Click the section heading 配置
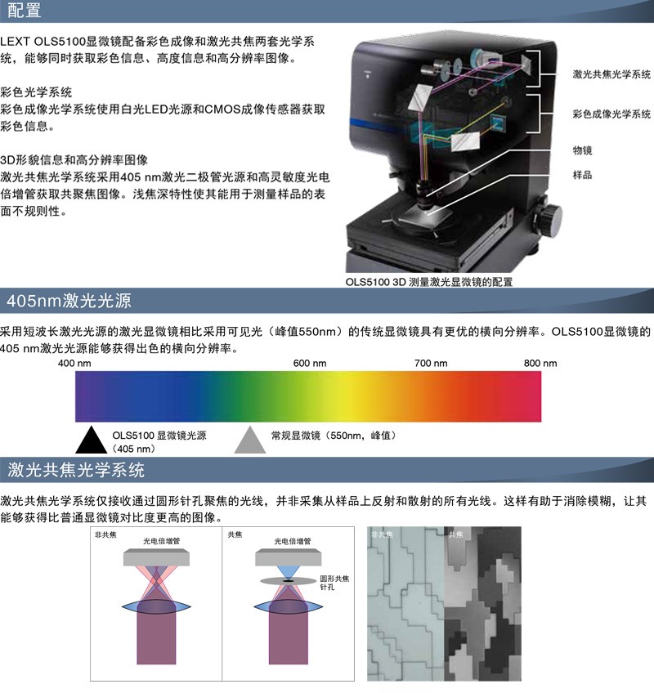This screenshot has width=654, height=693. point(25,10)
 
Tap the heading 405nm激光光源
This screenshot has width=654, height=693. point(69,301)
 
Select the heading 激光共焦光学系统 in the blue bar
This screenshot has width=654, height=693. point(76,469)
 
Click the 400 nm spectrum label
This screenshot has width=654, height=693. point(74,364)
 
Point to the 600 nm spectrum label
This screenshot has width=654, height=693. point(310,364)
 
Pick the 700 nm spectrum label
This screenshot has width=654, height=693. point(431,364)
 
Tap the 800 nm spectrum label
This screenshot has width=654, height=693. point(540,364)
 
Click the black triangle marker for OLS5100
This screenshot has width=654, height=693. point(91,440)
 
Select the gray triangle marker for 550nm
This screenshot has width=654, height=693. point(250,440)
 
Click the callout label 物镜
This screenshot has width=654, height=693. point(582,150)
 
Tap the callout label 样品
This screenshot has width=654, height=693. point(582,175)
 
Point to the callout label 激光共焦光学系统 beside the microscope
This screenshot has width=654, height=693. point(611,74)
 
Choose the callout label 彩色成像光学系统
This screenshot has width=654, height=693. point(611,114)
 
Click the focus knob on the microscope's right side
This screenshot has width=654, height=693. point(549,219)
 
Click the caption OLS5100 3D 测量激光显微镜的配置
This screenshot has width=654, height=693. point(429,282)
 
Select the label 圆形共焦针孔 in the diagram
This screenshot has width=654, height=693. point(334,583)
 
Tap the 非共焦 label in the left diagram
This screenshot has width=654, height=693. point(105,534)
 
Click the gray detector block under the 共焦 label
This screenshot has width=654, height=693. point(289,557)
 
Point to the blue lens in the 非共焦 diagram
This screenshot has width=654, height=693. point(156,607)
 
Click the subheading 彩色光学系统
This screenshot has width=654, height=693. point(36,92)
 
